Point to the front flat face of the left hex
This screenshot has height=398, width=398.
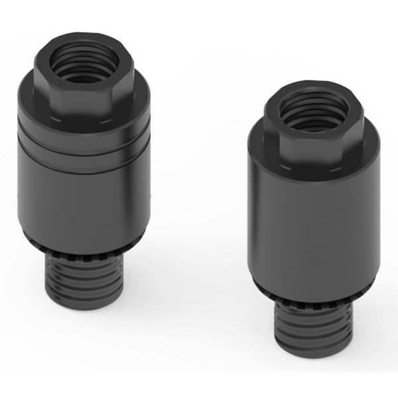tap(84, 99)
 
